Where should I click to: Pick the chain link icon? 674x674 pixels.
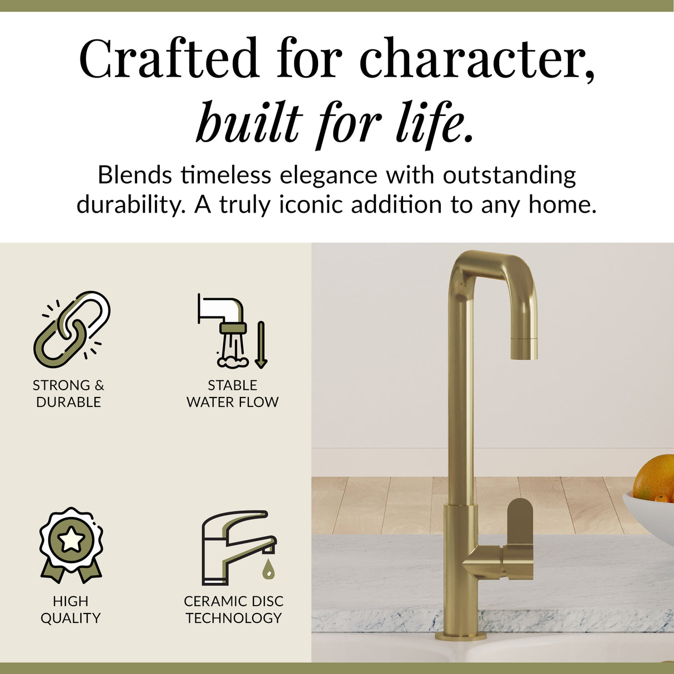point(72,329)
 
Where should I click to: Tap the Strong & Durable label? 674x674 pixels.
point(68,393)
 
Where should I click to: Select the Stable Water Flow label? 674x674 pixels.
point(233,393)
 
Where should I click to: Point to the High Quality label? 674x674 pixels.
point(71,609)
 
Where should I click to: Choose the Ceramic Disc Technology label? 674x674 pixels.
point(233,609)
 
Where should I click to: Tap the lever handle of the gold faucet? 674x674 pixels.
point(520,533)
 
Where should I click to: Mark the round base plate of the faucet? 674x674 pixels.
point(461,635)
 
